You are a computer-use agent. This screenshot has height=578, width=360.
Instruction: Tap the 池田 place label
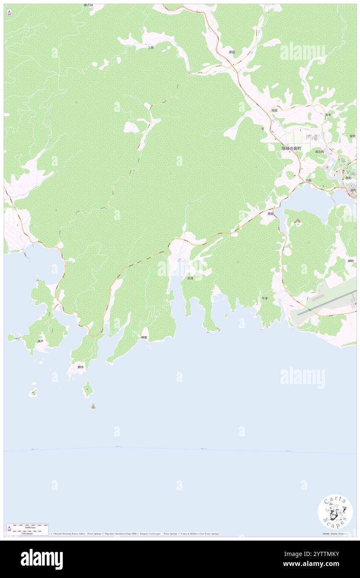[x=274, y=110]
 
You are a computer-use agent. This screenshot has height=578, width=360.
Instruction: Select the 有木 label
[x=328, y=115]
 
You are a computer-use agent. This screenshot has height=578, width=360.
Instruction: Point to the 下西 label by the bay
[x=308, y=180]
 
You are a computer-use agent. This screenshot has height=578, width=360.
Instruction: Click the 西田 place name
[x=271, y=213]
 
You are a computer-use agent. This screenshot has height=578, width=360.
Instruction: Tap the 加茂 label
[x=190, y=278]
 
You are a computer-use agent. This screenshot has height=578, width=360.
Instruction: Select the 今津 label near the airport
[x=264, y=298]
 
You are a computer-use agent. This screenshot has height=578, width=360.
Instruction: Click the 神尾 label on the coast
[x=144, y=337]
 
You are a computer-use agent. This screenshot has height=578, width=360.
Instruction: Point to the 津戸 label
[x=40, y=341]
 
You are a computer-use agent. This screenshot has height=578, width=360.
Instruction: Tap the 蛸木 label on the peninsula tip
[x=80, y=367]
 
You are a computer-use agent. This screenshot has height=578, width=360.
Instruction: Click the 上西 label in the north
[x=150, y=47]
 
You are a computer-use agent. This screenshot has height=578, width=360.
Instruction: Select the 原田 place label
[x=232, y=52]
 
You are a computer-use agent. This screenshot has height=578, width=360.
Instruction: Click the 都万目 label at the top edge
[x=88, y=5]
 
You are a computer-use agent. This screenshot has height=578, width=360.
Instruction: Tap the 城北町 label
[x=319, y=152]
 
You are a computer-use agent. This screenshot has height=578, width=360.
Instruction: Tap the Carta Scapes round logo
[x=335, y=512]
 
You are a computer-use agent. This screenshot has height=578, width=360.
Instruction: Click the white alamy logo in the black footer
[x=42, y=559]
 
